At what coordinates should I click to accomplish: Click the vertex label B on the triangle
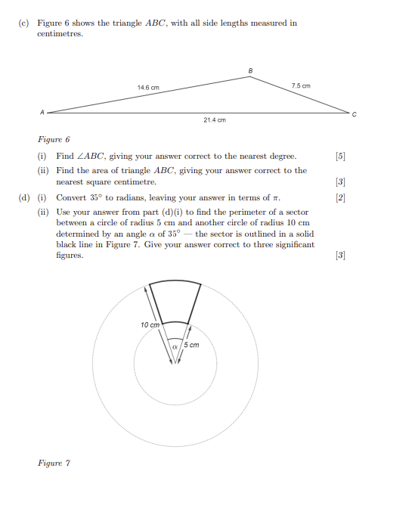point(250,70)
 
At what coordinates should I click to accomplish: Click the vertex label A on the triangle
point(42,111)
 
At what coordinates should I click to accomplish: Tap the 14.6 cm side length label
point(148,88)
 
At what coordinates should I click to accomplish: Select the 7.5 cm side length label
point(300,86)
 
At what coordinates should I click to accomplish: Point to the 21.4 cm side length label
point(215,119)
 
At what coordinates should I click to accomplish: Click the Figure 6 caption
point(54,140)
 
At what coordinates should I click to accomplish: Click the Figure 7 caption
point(54,463)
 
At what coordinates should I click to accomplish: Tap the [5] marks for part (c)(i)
point(339,157)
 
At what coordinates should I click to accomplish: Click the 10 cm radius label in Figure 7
point(150,324)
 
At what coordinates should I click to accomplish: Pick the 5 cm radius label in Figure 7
point(192,345)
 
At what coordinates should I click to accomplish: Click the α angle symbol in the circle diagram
point(175,346)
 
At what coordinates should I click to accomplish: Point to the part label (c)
point(23,23)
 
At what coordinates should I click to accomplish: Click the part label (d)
point(23,198)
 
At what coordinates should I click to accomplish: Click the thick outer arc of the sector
point(175,282)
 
